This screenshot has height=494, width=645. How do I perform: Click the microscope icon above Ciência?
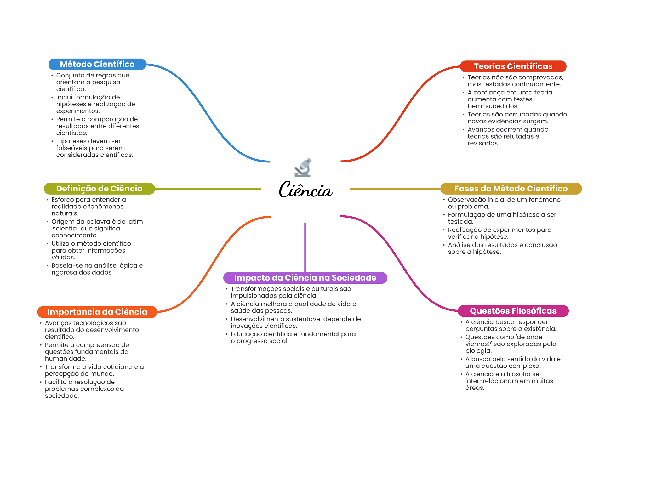point(303,167)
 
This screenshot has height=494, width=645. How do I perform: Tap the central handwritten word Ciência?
point(305,189)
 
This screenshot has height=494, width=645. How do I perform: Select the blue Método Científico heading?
point(97,64)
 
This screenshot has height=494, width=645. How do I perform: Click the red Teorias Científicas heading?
point(513,66)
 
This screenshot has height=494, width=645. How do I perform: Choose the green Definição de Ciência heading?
point(100,189)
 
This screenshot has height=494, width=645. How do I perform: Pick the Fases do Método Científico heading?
point(511,189)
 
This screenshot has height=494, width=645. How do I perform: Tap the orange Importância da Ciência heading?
point(97,312)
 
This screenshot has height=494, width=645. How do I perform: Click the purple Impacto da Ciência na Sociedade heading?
point(305,278)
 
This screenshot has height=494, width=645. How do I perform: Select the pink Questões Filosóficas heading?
point(513,311)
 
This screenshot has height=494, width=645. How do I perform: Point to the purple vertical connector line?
point(305,247)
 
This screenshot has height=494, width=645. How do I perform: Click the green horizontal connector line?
point(208,189)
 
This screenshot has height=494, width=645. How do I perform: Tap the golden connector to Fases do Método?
point(395,189)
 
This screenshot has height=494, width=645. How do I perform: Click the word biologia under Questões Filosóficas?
point(478,351)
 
